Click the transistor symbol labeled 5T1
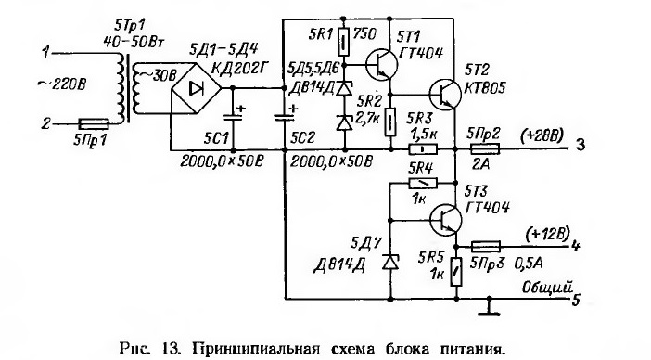[381, 65]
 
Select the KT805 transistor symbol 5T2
[444, 95]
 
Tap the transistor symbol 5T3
[445, 220]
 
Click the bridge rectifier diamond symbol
[196, 88]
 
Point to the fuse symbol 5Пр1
[94, 123]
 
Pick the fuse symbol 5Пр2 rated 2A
[484, 148]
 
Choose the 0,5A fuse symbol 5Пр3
[486, 247]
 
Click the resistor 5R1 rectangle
[343, 42]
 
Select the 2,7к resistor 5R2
[389, 122]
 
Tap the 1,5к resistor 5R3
[423, 148]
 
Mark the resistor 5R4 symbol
[423, 183]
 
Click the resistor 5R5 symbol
[456, 272]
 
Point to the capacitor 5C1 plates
[233, 117]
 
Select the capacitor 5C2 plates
[285, 117]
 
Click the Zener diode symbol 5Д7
[389, 262]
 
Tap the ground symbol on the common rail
[489, 307]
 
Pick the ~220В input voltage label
[62, 84]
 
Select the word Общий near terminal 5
[547, 287]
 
